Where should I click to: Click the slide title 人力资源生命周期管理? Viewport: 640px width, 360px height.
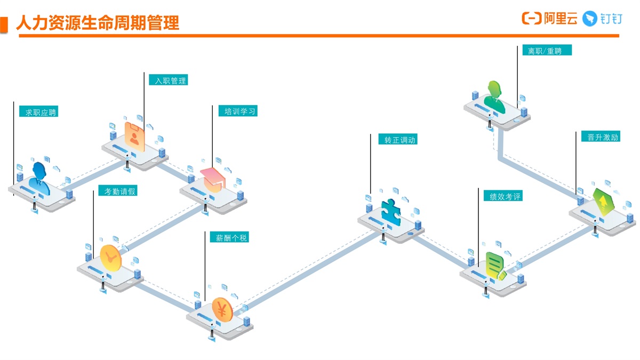(98, 22)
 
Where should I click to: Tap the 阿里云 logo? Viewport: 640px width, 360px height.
(549, 19)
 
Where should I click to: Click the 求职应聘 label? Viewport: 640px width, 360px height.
(38, 112)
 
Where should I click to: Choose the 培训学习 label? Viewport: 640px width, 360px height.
(238, 111)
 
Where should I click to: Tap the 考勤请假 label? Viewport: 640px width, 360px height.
(117, 191)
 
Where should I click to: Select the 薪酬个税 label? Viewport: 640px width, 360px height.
(229, 237)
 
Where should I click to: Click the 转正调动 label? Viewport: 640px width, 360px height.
(397, 140)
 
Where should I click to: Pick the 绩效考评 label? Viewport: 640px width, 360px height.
(502, 196)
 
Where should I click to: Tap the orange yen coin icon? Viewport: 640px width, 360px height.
(222, 308)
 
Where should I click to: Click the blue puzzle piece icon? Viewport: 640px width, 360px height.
(391, 211)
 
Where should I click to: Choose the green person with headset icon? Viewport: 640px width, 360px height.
(494, 96)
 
